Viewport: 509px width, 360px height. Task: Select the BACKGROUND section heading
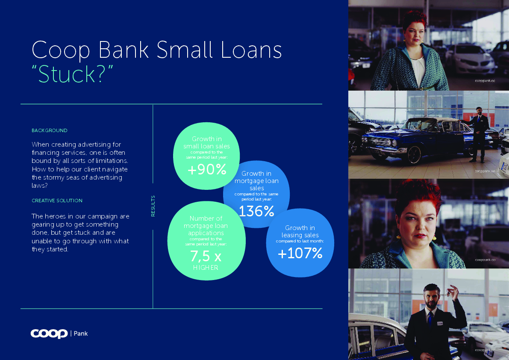[49, 130]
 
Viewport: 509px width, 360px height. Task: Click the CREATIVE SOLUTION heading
[57, 201]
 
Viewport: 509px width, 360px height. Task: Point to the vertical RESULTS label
[153, 206]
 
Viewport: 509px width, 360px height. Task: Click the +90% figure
[207, 169]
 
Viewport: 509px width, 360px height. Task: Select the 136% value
[256, 211]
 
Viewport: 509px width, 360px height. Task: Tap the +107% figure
[300, 253]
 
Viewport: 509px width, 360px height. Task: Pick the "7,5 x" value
[206, 256]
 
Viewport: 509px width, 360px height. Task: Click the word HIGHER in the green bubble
[206, 268]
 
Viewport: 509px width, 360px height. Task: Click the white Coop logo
[49, 334]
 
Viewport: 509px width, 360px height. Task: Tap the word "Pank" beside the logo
[80, 334]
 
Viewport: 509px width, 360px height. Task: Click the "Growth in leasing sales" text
[300, 231]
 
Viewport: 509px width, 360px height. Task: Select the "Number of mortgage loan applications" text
[206, 226]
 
